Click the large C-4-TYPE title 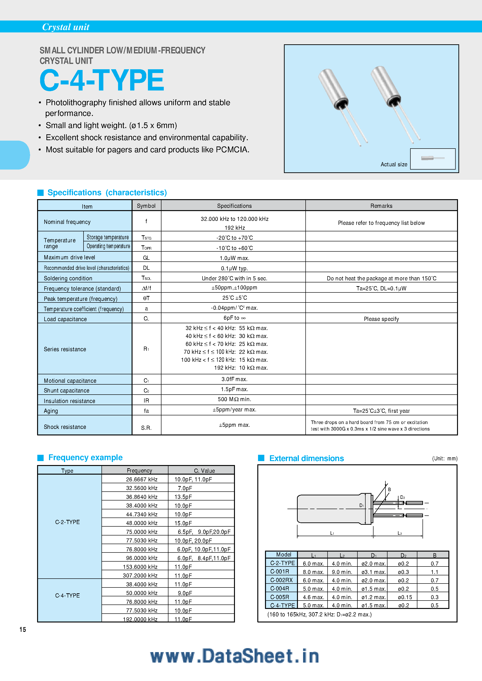[101, 80]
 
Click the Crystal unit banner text [66, 27]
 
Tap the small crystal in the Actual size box [427, 158]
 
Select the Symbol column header [146, 206]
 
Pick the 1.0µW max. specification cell [234, 258]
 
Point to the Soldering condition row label [68, 278]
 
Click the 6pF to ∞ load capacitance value [234, 318]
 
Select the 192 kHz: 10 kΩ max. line [241, 368]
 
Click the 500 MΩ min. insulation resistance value [234, 399]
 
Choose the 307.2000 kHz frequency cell [140, 575]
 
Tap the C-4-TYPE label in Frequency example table [67, 596]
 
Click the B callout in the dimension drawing [389, 489]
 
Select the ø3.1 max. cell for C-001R [373, 572]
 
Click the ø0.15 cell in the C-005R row [405, 597]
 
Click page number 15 [23, 630]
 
